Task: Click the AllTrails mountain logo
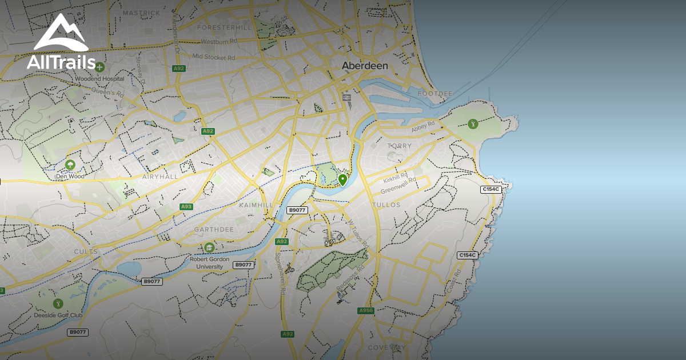61,33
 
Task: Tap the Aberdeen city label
365,66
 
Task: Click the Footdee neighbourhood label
435,93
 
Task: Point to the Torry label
400,146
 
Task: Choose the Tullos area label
386,205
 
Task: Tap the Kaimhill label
256,205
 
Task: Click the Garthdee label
214,229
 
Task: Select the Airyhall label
160,177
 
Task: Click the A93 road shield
186,206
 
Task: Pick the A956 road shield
366,310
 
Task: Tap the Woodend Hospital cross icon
100,67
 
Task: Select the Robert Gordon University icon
209,247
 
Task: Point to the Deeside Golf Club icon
57,303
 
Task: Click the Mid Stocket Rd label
213,57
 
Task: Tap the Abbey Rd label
424,126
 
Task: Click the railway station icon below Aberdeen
346,98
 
